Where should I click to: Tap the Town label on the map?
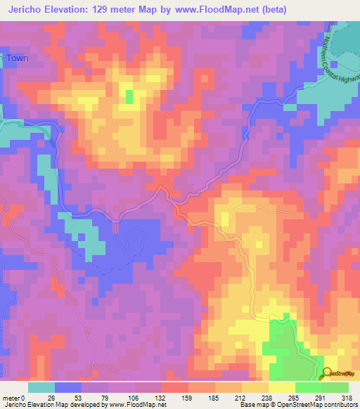[18, 58]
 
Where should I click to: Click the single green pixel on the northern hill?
[129, 96]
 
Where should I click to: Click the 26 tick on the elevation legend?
[53, 397]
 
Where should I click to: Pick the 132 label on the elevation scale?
[160, 397]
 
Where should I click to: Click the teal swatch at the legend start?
[41, 387]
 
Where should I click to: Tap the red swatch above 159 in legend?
[174, 387]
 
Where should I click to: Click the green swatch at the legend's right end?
[335, 387]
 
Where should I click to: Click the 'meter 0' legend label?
[13, 397]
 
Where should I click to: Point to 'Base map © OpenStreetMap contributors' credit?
[298, 405]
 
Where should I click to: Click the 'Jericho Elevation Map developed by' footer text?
[49, 405]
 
